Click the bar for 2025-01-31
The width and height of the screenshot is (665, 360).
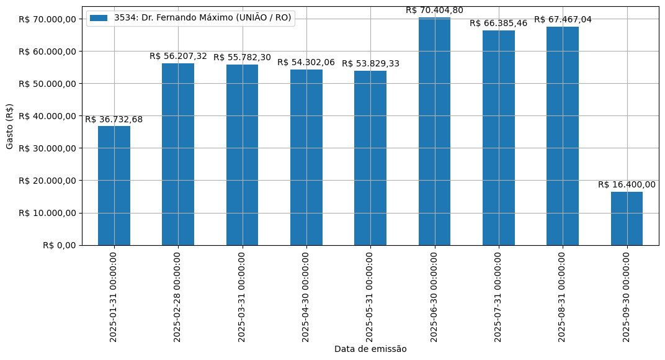click(114, 186)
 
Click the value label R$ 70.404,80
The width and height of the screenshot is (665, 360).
click(434, 11)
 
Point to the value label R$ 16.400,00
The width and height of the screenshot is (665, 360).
click(627, 185)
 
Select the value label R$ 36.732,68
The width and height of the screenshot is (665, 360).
click(114, 120)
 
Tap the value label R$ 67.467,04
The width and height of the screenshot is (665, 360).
click(563, 20)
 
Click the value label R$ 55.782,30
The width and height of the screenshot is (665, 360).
click(242, 58)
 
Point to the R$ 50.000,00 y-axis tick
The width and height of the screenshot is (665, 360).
click(47, 84)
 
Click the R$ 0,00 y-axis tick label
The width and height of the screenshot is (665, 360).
click(60, 245)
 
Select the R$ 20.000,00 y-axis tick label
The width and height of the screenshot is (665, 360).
click(47, 181)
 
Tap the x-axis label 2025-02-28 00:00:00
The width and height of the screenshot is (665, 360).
click(178, 296)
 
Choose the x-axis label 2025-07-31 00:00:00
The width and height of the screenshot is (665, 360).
click(499, 296)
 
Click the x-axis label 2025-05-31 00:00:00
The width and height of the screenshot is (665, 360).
click(370, 296)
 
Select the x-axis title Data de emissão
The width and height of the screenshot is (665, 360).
click(370, 349)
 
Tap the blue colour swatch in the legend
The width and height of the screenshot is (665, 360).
click(99, 18)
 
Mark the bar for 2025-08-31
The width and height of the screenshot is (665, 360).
click(563, 136)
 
